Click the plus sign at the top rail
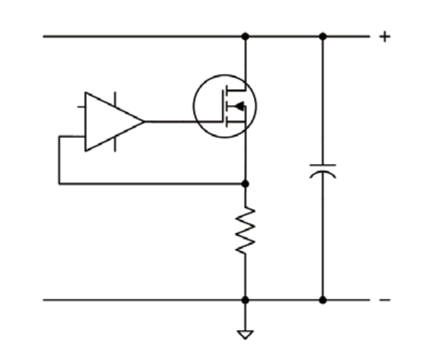(384, 36)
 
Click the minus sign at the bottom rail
(385, 300)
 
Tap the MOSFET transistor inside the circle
(225, 106)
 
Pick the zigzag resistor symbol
(245, 230)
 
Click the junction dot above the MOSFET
(245, 36)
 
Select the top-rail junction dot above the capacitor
(323, 36)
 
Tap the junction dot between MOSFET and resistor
(245, 184)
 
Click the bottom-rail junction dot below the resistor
(245, 300)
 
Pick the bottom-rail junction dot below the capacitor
(323, 300)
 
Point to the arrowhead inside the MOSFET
(239, 107)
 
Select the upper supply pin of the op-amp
(115, 99)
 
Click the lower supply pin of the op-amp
(115, 144)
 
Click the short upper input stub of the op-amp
(81, 107)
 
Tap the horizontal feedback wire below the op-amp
(149, 184)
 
